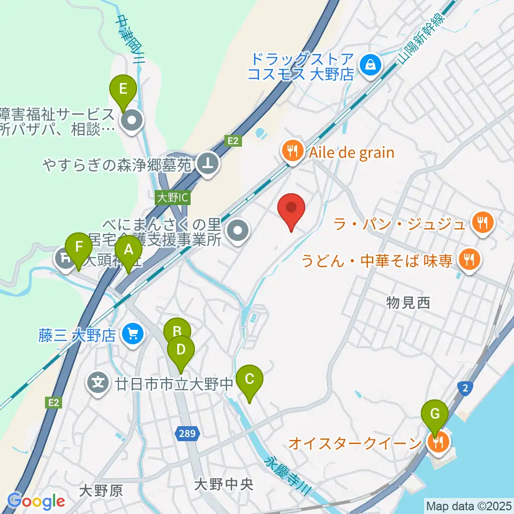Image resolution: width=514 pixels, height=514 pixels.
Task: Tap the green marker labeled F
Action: [x=79, y=247]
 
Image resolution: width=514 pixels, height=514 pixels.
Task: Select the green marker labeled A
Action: [x=128, y=250]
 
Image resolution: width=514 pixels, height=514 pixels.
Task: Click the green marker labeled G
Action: [x=435, y=414]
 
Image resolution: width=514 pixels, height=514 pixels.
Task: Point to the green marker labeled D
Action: [x=181, y=350]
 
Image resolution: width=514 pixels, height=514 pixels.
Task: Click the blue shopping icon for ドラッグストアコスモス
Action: [x=369, y=66]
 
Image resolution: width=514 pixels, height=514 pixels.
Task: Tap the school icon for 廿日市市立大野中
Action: [x=98, y=383]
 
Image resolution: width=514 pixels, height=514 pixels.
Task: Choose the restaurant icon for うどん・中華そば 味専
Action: [x=470, y=260]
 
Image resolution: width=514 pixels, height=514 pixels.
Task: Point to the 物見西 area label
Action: [x=408, y=303]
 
